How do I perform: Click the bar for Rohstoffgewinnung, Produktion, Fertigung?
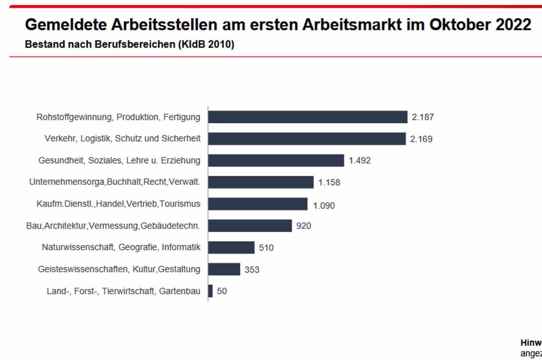[x=307, y=117]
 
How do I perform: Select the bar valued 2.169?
[x=307, y=139]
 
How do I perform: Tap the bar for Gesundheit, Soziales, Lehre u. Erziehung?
[x=276, y=160]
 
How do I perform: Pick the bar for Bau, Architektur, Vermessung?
[x=250, y=226]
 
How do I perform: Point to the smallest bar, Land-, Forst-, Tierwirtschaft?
[x=210, y=291]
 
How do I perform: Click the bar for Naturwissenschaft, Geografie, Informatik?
[x=231, y=248]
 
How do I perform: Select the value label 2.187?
[x=423, y=117]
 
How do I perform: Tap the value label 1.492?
[x=360, y=160]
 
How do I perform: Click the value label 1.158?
[x=329, y=182]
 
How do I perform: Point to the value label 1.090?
[x=324, y=205]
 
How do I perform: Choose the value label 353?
[x=252, y=270]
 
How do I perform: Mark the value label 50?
[x=222, y=291]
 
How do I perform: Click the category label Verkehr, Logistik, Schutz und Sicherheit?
[x=122, y=139]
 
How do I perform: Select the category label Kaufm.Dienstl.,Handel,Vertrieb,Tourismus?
[x=118, y=204]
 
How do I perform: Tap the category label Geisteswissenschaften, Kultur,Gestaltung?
[x=119, y=269]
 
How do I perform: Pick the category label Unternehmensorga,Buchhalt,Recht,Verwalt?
[x=115, y=182]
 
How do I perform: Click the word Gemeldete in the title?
[x=66, y=25]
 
